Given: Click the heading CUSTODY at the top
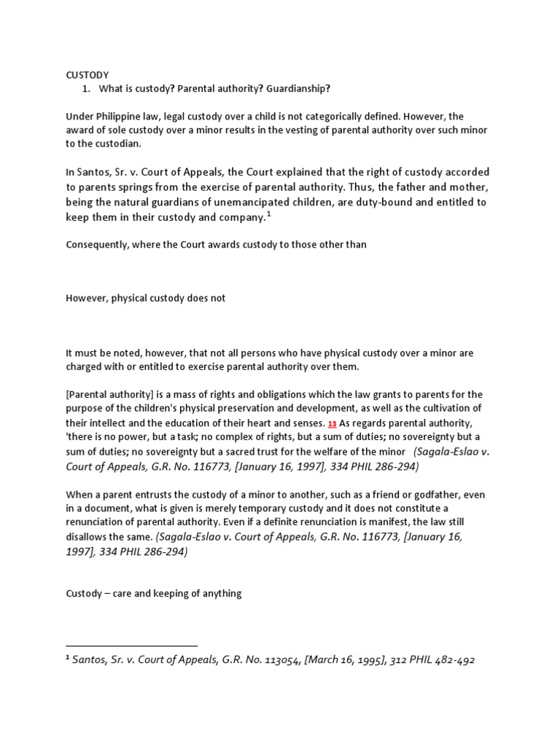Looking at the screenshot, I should [87, 74].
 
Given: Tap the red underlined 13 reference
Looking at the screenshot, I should [332, 423].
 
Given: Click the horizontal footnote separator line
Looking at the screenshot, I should [131, 645].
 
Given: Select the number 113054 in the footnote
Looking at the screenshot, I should [279, 661].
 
